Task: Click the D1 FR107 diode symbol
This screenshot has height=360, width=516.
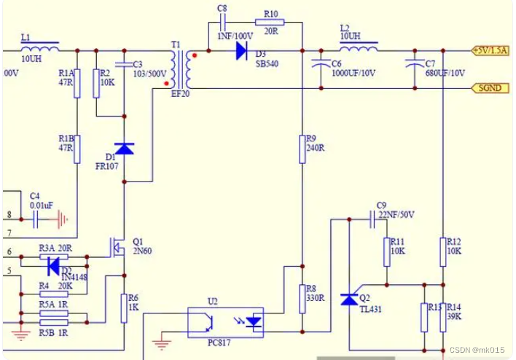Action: pos(125,149)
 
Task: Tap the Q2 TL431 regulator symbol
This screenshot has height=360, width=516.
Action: pos(351,300)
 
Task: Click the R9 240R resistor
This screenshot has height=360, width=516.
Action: pos(302,149)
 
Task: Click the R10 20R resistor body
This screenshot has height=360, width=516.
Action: pos(270,22)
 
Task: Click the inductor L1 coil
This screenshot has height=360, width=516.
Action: pos(39,49)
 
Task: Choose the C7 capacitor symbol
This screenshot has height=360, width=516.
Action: pos(415,65)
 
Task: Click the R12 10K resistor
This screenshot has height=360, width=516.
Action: pos(442,251)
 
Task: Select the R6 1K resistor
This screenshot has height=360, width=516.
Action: pos(123,308)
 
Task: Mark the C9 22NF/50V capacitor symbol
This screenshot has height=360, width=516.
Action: pos(373,216)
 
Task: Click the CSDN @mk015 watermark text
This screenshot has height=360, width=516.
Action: pos(477,351)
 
